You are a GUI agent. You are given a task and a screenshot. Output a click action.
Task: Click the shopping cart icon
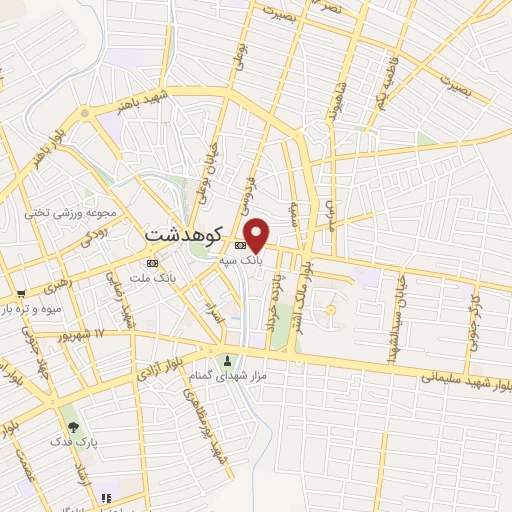[21, 294]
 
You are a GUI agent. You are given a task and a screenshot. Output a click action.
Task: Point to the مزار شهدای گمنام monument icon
[228, 360]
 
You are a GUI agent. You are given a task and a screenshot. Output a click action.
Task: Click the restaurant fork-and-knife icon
[106, 496]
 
